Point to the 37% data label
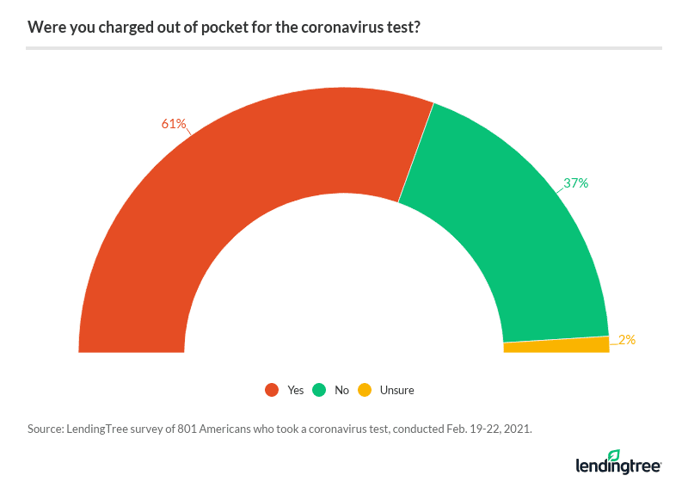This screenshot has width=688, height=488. point(576,183)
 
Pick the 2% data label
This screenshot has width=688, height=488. point(626,340)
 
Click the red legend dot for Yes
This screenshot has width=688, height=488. point(272,390)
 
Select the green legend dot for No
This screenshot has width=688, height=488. point(319,390)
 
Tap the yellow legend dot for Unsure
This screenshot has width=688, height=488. point(365,390)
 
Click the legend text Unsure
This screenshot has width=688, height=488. point(396,390)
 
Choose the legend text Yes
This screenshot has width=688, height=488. point(296,390)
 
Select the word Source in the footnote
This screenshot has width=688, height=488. point(45,427)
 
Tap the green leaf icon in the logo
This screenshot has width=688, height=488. point(613,455)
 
